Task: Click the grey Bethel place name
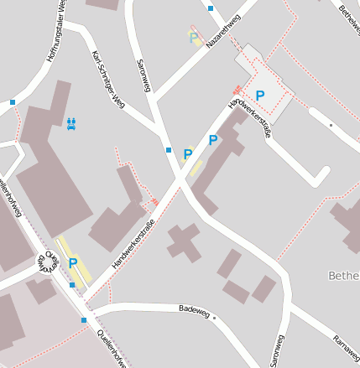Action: [343, 275]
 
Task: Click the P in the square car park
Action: [260, 96]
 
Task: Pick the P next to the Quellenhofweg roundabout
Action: [73, 263]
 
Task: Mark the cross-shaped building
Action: [183, 241]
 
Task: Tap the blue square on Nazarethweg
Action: [211, 8]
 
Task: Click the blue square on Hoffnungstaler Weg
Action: [13, 102]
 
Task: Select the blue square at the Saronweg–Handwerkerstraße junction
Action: [169, 150]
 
